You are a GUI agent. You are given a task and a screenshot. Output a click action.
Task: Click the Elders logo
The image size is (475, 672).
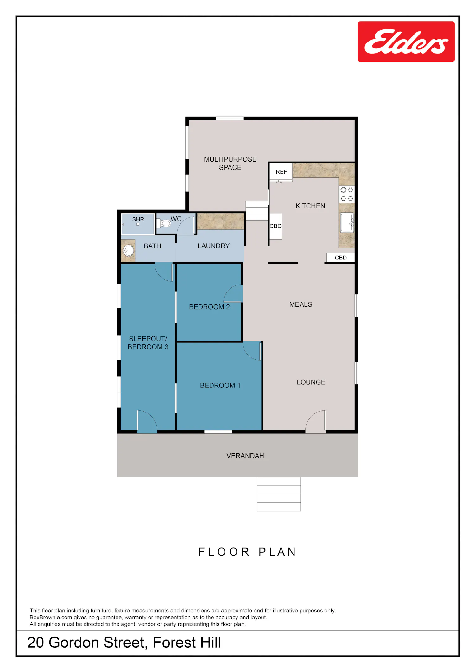[x=406, y=42]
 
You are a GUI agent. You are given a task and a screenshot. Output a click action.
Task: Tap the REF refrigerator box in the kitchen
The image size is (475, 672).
[x=281, y=172]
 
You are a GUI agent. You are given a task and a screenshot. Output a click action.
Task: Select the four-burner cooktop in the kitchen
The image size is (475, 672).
[x=347, y=194]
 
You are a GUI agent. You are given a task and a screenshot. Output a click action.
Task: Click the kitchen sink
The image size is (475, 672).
[x=347, y=222]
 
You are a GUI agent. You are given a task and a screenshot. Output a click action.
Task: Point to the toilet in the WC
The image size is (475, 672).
[x=164, y=223]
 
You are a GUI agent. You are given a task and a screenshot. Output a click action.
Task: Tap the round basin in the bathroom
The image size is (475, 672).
[x=128, y=251]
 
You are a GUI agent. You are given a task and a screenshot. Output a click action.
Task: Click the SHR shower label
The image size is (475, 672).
[x=138, y=219]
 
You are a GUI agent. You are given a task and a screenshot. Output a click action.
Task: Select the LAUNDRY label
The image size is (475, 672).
[x=213, y=246]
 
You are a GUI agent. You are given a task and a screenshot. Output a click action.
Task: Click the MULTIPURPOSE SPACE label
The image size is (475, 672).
[x=230, y=163]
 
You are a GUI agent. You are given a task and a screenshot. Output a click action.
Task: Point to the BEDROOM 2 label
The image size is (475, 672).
[x=209, y=307]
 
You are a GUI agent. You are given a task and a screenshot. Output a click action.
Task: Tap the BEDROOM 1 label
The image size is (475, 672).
[x=220, y=385]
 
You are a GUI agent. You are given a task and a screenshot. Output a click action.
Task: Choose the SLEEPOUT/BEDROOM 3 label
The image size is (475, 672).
[x=148, y=343]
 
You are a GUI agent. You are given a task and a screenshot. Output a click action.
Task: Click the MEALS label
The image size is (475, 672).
[x=301, y=304]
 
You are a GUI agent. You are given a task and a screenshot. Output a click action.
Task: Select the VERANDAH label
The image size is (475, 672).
[x=245, y=456]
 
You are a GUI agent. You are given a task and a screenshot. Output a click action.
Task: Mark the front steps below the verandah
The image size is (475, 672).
[x=279, y=494]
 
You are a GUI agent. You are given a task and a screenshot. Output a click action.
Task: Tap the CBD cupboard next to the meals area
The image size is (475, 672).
[x=341, y=258]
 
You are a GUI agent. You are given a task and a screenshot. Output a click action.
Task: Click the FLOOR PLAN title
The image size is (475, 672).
[x=247, y=552]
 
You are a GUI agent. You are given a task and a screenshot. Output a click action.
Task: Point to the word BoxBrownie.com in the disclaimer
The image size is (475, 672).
[x=51, y=617]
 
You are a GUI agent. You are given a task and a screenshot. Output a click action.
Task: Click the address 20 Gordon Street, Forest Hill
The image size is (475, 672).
[x=124, y=642]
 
